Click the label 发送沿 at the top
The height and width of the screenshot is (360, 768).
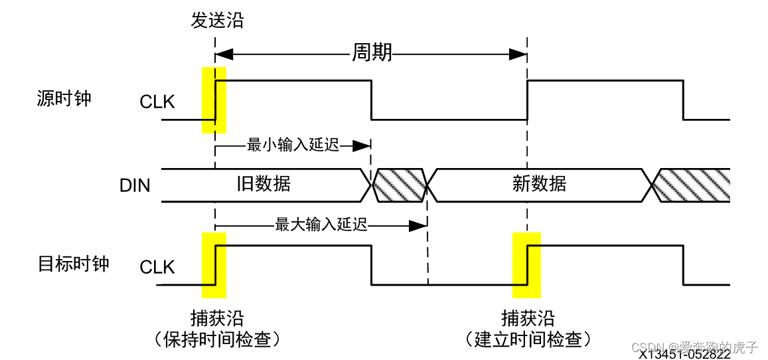click(x=217, y=21)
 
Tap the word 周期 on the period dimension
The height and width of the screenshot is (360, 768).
click(x=371, y=52)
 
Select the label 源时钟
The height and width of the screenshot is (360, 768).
click(x=64, y=99)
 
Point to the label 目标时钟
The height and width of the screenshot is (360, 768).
click(x=73, y=264)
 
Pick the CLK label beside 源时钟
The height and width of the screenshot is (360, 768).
click(x=157, y=102)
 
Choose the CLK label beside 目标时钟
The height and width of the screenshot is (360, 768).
click(x=157, y=267)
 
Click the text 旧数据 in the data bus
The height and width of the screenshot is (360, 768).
click(x=264, y=183)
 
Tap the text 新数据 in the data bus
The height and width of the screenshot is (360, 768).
click(x=539, y=183)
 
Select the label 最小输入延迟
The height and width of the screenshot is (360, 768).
click(x=293, y=145)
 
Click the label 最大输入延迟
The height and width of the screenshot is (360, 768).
click(x=321, y=225)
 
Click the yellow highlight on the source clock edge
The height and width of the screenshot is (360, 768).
click(x=214, y=100)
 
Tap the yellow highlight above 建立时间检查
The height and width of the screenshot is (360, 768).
click(x=527, y=265)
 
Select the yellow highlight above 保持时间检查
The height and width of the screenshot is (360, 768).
click(x=214, y=265)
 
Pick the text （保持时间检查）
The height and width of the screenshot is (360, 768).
click(x=217, y=339)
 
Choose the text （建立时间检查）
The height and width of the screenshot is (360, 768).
click(x=528, y=339)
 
